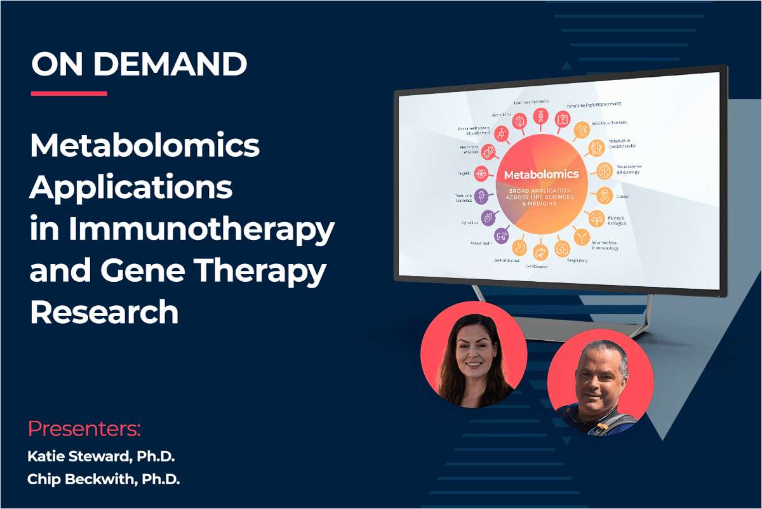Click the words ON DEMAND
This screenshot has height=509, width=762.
(138, 63)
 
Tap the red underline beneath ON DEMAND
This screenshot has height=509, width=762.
(69, 93)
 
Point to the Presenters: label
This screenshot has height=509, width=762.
(84, 428)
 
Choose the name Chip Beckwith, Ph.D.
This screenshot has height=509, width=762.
(104, 480)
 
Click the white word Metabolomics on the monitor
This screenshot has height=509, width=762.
(541, 173)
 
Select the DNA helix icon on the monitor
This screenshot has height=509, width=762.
(541, 117)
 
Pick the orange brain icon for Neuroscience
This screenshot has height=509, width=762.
(603, 170)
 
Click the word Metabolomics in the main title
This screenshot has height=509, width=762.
(145, 147)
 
